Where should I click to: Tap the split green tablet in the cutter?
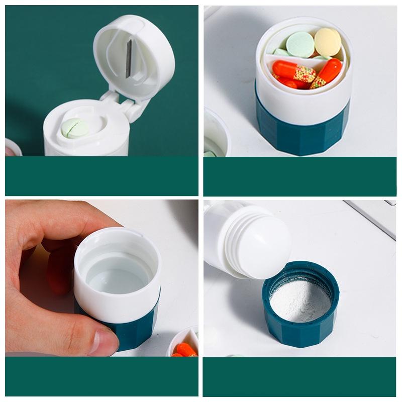tap(75, 128)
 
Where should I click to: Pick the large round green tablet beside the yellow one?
tap(300, 45)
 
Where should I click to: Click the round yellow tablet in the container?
tap(328, 42)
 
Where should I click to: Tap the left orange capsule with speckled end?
tap(294, 72)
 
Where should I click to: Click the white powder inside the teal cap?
tap(300, 301)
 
